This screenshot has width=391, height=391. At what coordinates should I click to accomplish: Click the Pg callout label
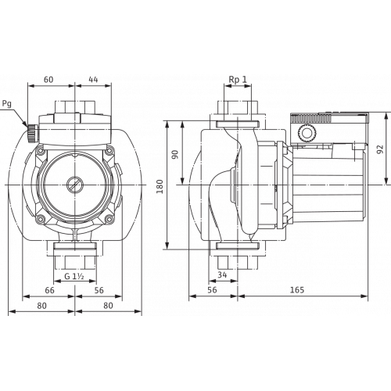click(x=7, y=104)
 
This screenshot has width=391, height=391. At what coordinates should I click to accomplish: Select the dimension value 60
click(x=48, y=79)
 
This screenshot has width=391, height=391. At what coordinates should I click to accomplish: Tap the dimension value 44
click(x=93, y=79)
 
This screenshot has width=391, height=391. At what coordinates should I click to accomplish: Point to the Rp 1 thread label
click(x=238, y=80)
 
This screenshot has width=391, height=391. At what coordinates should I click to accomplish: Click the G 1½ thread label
click(x=74, y=276)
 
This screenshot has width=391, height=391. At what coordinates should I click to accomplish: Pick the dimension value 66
click(x=49, y=290)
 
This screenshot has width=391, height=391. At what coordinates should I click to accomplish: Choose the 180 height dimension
click(x=160, y=186)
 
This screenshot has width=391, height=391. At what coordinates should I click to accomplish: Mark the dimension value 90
click(x=175, y=154)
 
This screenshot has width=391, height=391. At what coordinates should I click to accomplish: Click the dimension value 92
click(x=381, y=149)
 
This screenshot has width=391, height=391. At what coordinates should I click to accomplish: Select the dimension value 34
click(x=222, y=274)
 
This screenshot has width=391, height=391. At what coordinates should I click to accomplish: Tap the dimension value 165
click(x=297, y=289)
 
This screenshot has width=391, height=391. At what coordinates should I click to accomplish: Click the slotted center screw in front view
click(x=74, y=185)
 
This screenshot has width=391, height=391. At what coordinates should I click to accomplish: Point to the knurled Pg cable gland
click(x=32, y=133)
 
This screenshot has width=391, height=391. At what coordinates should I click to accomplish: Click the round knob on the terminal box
click(x=307, y=133)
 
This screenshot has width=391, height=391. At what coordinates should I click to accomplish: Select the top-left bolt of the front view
click(x=40, y=151)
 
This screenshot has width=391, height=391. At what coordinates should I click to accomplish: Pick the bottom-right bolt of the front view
click(x=109, y=219)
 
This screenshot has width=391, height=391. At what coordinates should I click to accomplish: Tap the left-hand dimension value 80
click(x=41, y=305)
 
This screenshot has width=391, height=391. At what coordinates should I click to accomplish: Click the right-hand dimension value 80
click(x=108, y=305)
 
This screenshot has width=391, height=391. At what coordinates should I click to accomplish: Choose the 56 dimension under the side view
click(x=213, y=289)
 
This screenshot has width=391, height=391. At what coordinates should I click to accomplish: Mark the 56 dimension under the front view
click(x=99, y=290)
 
